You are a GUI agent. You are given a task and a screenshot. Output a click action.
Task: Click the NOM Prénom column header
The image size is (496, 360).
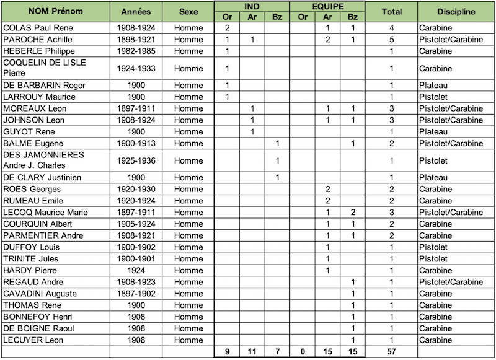[x=56, y=11]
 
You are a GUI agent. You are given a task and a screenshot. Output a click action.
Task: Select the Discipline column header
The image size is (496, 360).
[x=456, y=11]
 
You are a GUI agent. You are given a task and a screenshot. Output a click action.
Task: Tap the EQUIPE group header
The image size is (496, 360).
[x=327, y=6]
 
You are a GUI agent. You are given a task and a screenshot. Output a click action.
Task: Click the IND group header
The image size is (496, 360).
[x=252, y=6]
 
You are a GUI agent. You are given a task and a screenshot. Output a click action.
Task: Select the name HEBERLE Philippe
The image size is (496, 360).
[x=36, y=51]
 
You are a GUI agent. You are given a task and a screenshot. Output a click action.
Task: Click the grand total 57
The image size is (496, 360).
[x=392, y=353]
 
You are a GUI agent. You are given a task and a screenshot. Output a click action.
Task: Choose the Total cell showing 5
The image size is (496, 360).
[x=392, y=40]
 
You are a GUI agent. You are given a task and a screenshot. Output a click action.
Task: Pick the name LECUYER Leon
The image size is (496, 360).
[x=33, y=340]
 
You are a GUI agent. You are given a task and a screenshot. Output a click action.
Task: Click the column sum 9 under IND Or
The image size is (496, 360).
[x=227, y=353]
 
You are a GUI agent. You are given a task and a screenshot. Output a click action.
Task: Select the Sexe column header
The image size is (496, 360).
[x=188, y=11]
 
